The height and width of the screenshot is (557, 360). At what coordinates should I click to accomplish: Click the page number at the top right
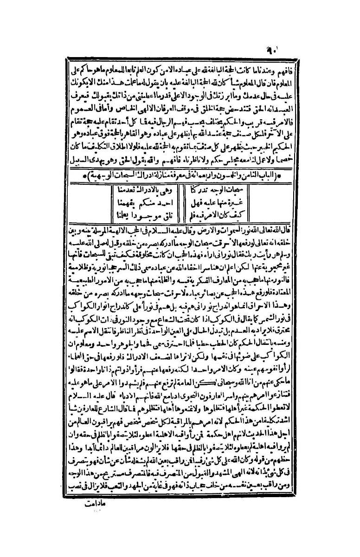pyautogui.click(x=277, y=47)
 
